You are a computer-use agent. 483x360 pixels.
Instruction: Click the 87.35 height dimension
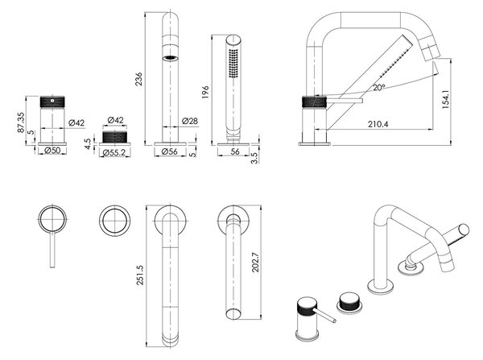(21, 122)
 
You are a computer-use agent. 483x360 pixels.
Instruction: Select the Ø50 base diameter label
(52, 151)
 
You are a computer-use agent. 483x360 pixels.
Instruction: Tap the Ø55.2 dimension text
(114, 152)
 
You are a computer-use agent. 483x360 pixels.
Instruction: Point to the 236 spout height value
(139, 79)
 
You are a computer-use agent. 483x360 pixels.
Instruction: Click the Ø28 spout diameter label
(190, 121)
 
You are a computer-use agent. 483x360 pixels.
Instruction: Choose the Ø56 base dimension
(170, 151)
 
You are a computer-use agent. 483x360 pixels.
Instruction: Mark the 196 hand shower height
(205, 92)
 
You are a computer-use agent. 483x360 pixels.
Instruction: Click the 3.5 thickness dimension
(255, 159)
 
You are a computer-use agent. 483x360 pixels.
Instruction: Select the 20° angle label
(379, 88)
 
